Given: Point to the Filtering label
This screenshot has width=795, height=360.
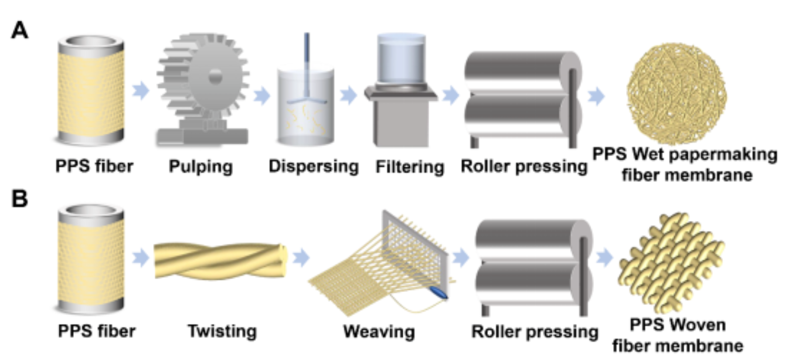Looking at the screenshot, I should click(409, 167).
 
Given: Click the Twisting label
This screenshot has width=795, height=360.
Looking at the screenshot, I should click(222, 331).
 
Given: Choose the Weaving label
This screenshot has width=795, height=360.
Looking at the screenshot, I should click(379, 332).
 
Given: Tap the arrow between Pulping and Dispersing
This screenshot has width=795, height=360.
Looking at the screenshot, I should click(262, 94).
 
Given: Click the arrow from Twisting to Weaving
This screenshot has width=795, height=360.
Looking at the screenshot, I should click(301, 258).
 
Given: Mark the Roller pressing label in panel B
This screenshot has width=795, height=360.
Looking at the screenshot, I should click(535, 332).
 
